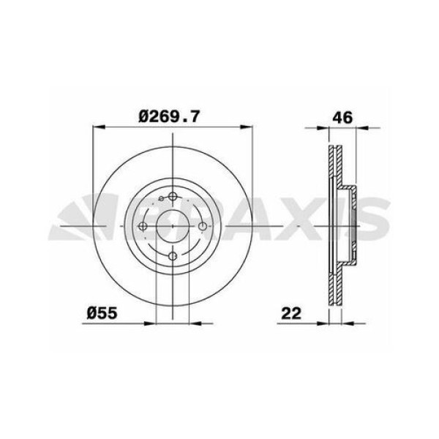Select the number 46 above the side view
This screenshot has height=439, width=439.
343,115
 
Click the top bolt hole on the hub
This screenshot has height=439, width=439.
172,196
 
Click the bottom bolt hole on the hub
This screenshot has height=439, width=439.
172,255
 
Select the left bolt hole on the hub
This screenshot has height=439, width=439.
143,226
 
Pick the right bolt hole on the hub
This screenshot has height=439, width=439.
202,226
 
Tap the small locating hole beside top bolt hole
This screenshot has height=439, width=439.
160,198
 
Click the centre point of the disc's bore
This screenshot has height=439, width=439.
172,226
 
